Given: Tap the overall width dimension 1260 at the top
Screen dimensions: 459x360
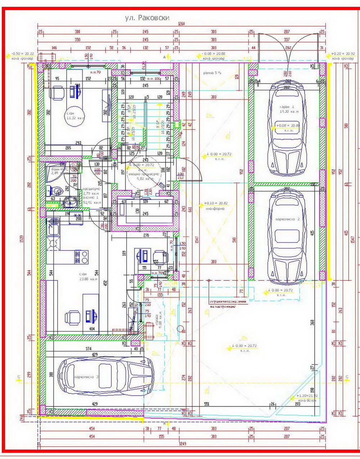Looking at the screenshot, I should (x=181, y=24).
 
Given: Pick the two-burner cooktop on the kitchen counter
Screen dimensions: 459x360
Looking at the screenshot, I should (x=82, y=256).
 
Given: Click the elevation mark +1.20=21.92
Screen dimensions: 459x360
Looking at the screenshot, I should (x=306, y=396).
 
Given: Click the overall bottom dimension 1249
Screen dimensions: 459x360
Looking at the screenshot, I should (x=183, y=444).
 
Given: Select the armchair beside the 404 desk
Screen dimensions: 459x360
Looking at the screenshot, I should (x=70, y=318).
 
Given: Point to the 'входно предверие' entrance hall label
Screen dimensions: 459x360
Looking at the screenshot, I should (x=143, y=173).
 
